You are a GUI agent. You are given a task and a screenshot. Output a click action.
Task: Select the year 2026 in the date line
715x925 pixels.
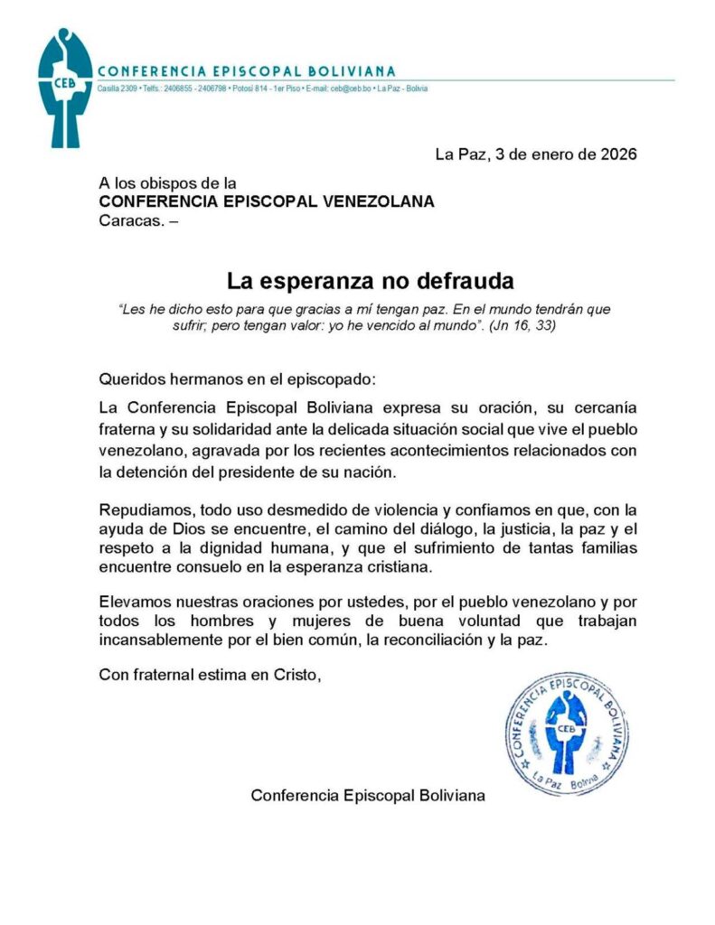[x=618, y=154]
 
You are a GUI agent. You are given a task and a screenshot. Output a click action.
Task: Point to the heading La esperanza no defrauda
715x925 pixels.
[x=370, y=280]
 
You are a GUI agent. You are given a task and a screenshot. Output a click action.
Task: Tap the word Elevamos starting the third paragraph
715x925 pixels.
[x=134, y=601]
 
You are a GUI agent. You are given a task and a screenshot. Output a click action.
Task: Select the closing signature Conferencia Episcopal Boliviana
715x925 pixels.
[x=368, y=796]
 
